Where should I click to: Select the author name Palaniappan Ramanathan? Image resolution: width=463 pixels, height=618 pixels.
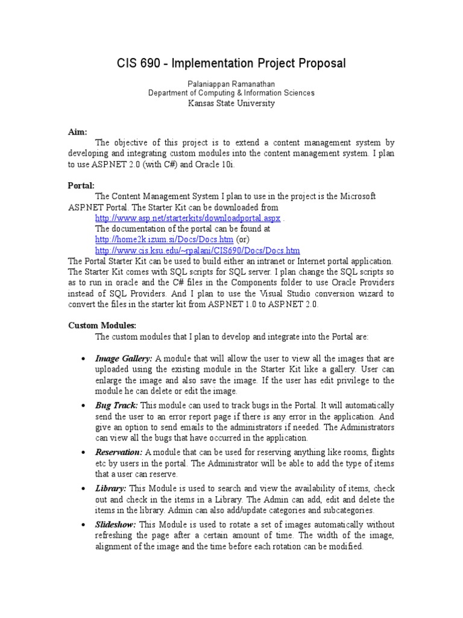[x=231, y=82]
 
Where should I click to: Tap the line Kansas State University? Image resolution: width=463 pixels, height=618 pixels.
[x=231, y=103]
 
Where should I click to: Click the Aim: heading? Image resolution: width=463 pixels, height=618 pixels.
[x=77, y=132]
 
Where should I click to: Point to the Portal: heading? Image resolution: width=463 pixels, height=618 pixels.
[x=80, y=185]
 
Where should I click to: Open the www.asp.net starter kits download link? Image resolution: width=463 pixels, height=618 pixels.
[x=188, y=218]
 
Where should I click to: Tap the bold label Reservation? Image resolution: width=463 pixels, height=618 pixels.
[x=119, y=452]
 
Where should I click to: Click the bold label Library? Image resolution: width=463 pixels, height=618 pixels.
[x=111, y=489]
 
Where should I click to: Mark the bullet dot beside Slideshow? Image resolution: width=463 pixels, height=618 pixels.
[x=82, y=526]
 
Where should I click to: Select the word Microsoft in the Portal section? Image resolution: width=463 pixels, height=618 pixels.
[x=354, y=196]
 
